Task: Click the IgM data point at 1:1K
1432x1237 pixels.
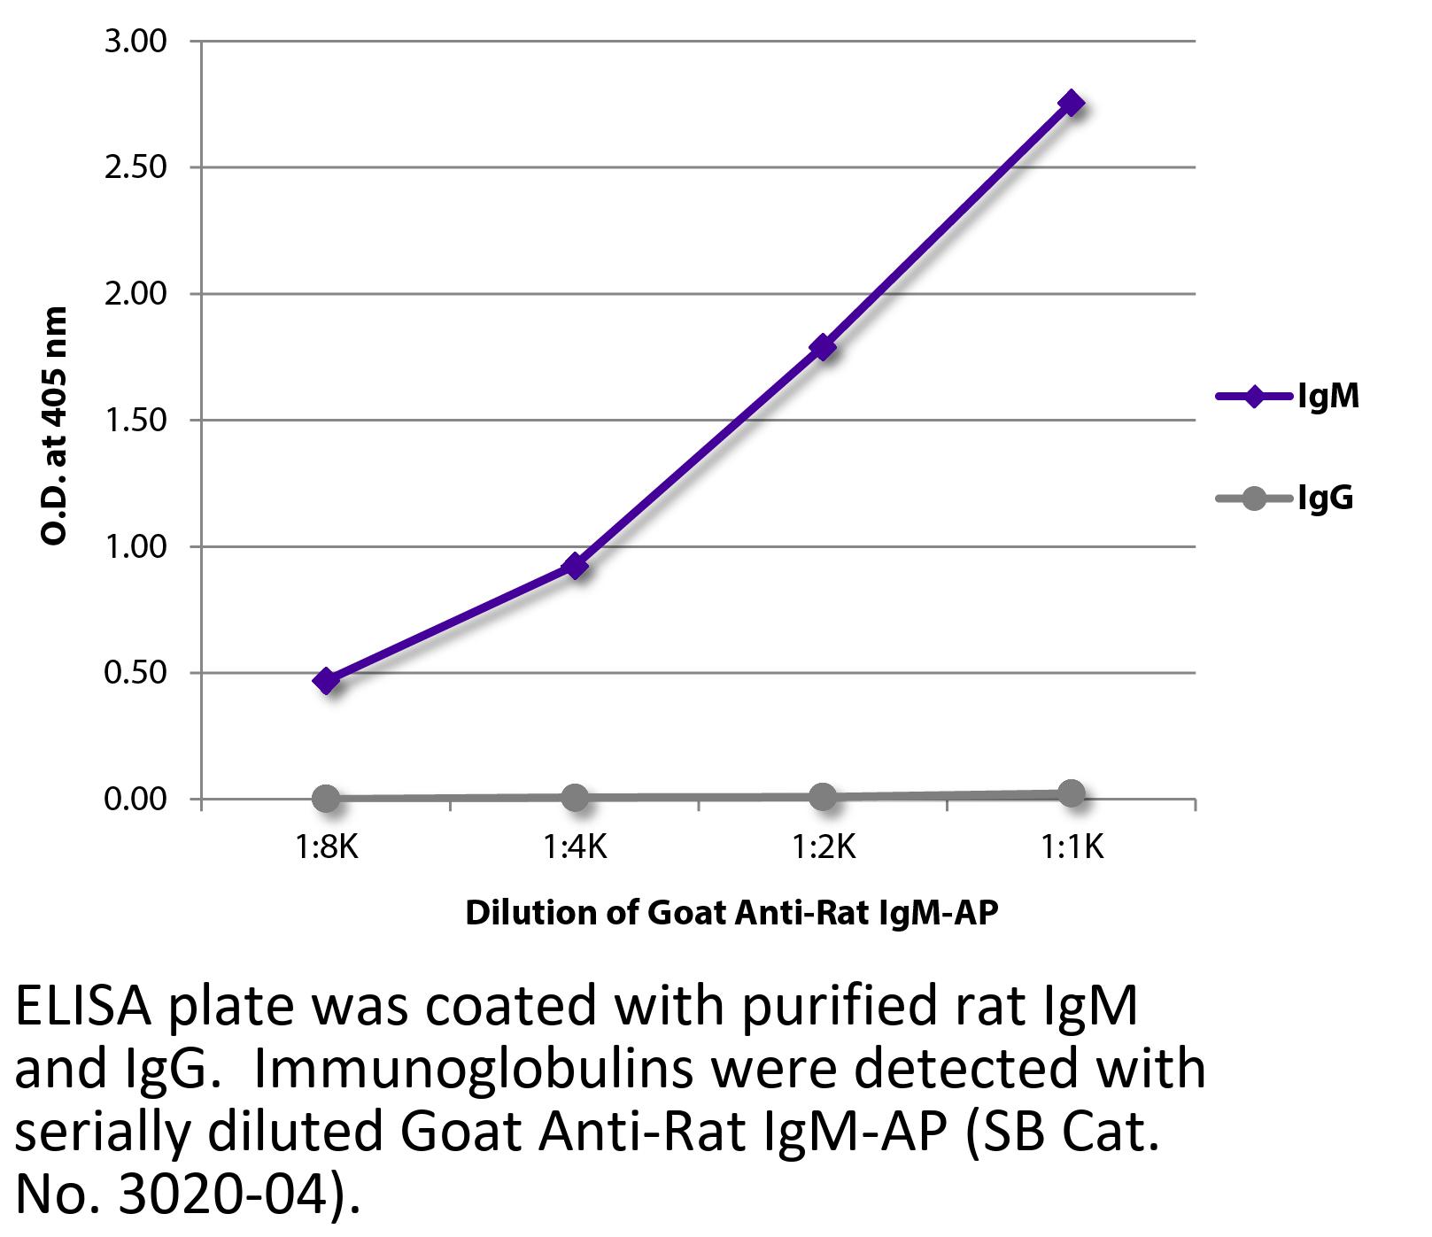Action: pyautogui.click(x=1072, y=104)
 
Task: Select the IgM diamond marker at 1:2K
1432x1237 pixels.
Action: pyautogui.click(x=823, y=346)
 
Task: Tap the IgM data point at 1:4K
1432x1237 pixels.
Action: pyautogui.click(x=575, y=565)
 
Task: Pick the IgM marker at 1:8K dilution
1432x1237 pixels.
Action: pyautogui.click(x=326, y=681)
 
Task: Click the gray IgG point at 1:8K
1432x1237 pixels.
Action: pyautogui.click(x=326, y=798)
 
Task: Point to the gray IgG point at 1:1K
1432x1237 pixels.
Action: pyautogui.click(x=1072, y=793)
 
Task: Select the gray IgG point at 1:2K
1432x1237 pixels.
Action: pyautogui.click(x=823, y=796)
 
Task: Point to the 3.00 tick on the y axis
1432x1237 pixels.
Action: pyautogui.click(x=135, y=42)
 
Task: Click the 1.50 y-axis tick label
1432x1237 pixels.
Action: pyautogui.click(x=135, y=421)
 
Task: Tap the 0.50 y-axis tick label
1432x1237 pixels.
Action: pyautogui.click(x=135, y=673)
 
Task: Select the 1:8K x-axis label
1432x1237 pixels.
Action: pyautogui.click(x=326, y=848)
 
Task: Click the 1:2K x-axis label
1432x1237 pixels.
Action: pyautogui.click(x=823, y=848)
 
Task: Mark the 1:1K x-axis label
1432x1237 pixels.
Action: pyautogui.click(x=1072, y=848)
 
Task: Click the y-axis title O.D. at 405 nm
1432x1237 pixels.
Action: pyautogui.click(x=55, y=425)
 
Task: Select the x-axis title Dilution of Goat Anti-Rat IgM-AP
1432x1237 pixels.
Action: pyautogui.click(x=731, y=912)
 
